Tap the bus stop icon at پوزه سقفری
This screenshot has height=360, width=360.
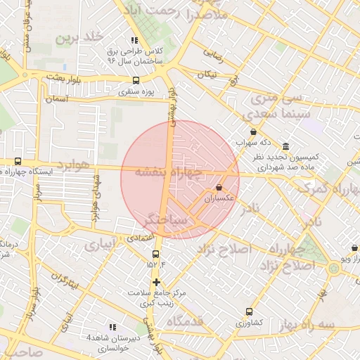(136, 80)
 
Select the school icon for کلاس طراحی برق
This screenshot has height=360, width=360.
(134, 41)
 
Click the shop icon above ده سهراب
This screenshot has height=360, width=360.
(253, 131)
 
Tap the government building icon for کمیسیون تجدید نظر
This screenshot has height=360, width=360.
(285, 147)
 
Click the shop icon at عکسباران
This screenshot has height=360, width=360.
(219, 188)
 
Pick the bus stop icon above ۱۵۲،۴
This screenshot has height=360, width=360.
(155, 254)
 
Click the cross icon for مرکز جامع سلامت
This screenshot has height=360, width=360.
(155, 282)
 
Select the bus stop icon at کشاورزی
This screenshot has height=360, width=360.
(249, 311)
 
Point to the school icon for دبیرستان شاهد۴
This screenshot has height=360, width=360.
(112, 327)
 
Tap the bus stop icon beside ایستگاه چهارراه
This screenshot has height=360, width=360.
(18, 161)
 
